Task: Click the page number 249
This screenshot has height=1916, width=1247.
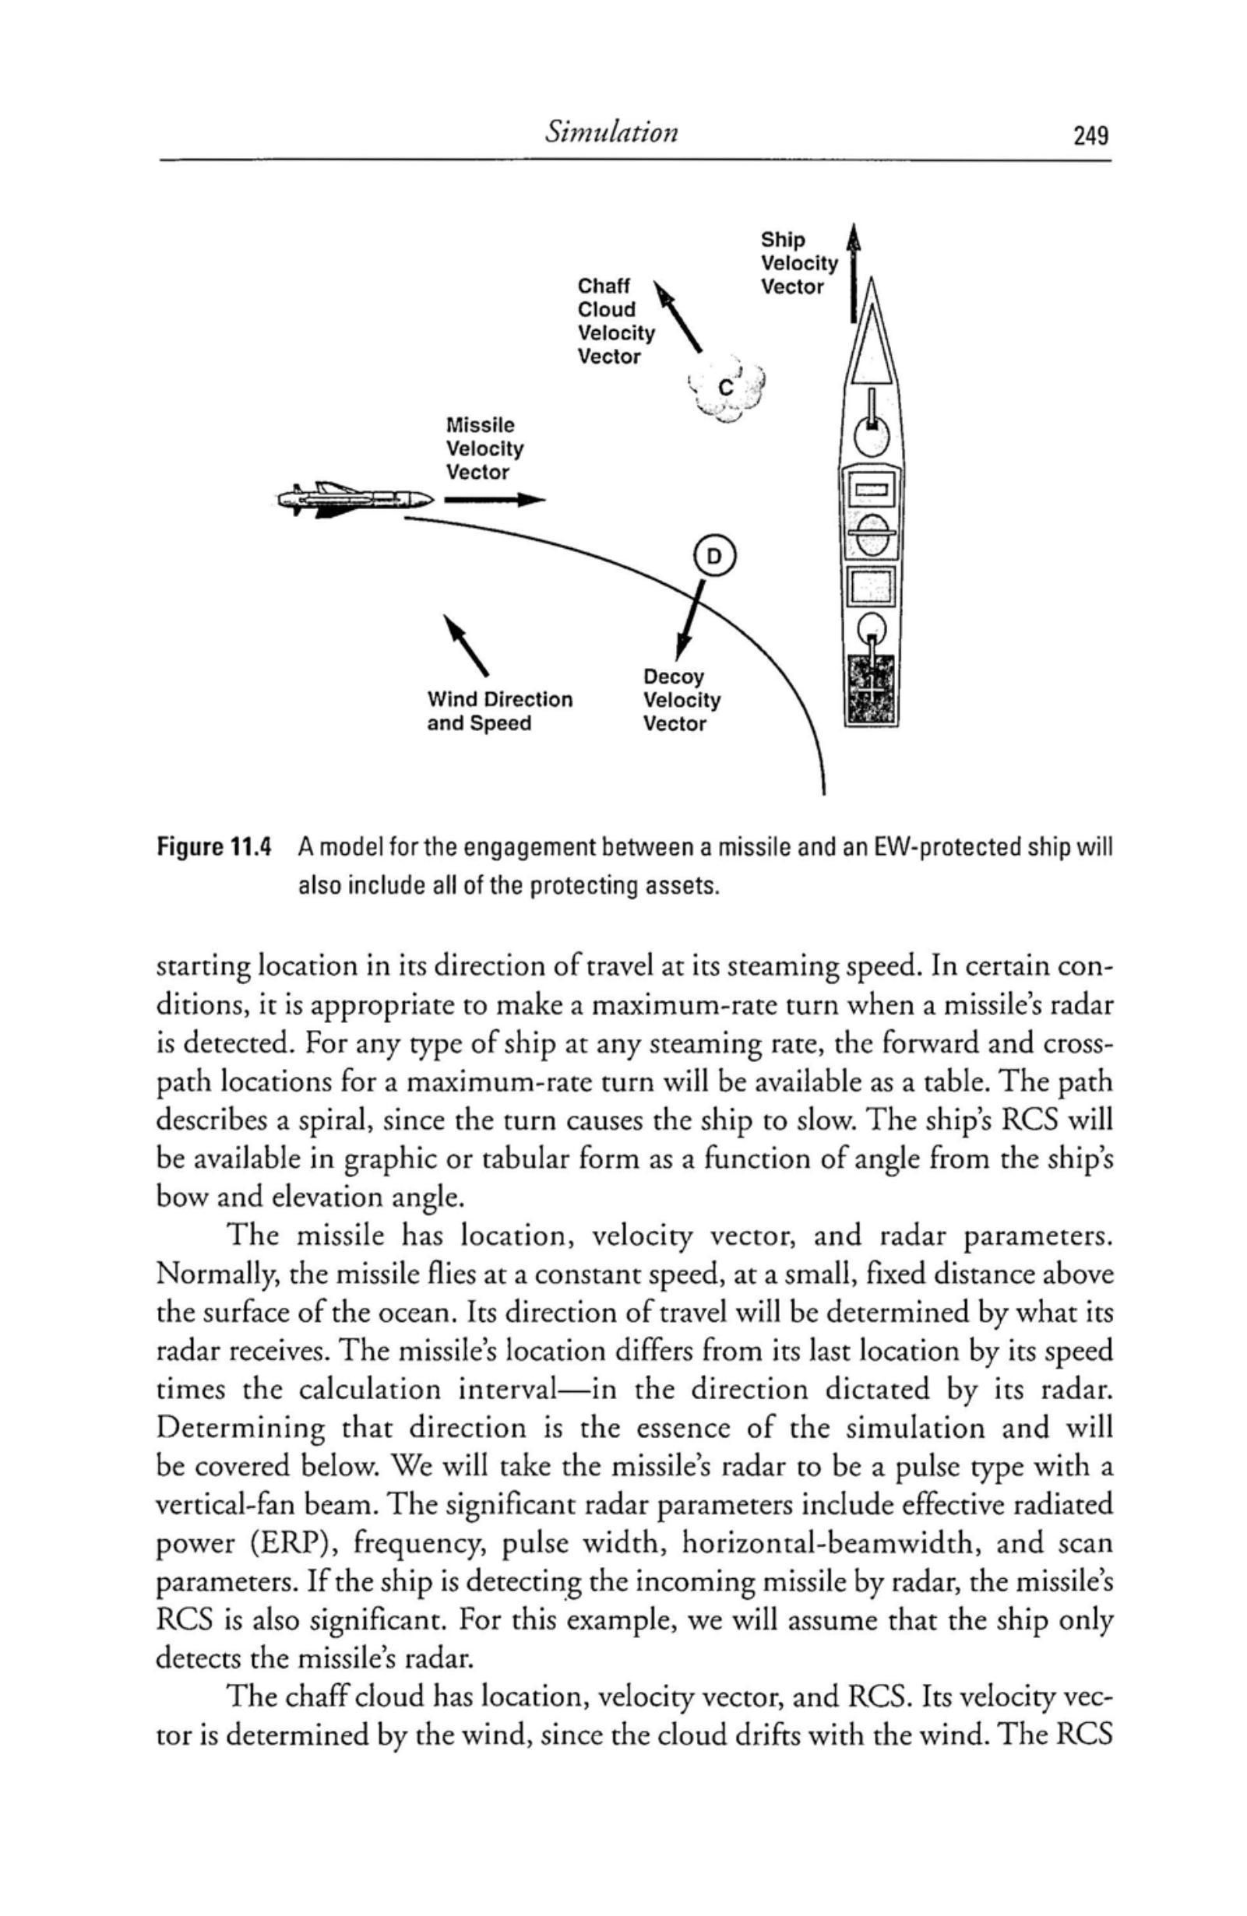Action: [1090, 135]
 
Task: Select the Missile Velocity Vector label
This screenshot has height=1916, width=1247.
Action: [484, 448]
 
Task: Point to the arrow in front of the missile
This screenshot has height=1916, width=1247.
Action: [494, 500]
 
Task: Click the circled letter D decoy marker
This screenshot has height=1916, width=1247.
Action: [714, 554]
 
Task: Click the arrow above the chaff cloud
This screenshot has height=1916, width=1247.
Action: [679, 315]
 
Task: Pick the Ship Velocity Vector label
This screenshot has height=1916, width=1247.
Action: [798, 263]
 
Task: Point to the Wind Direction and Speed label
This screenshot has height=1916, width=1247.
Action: [499, 711]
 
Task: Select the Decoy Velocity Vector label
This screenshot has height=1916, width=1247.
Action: [682, 700]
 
